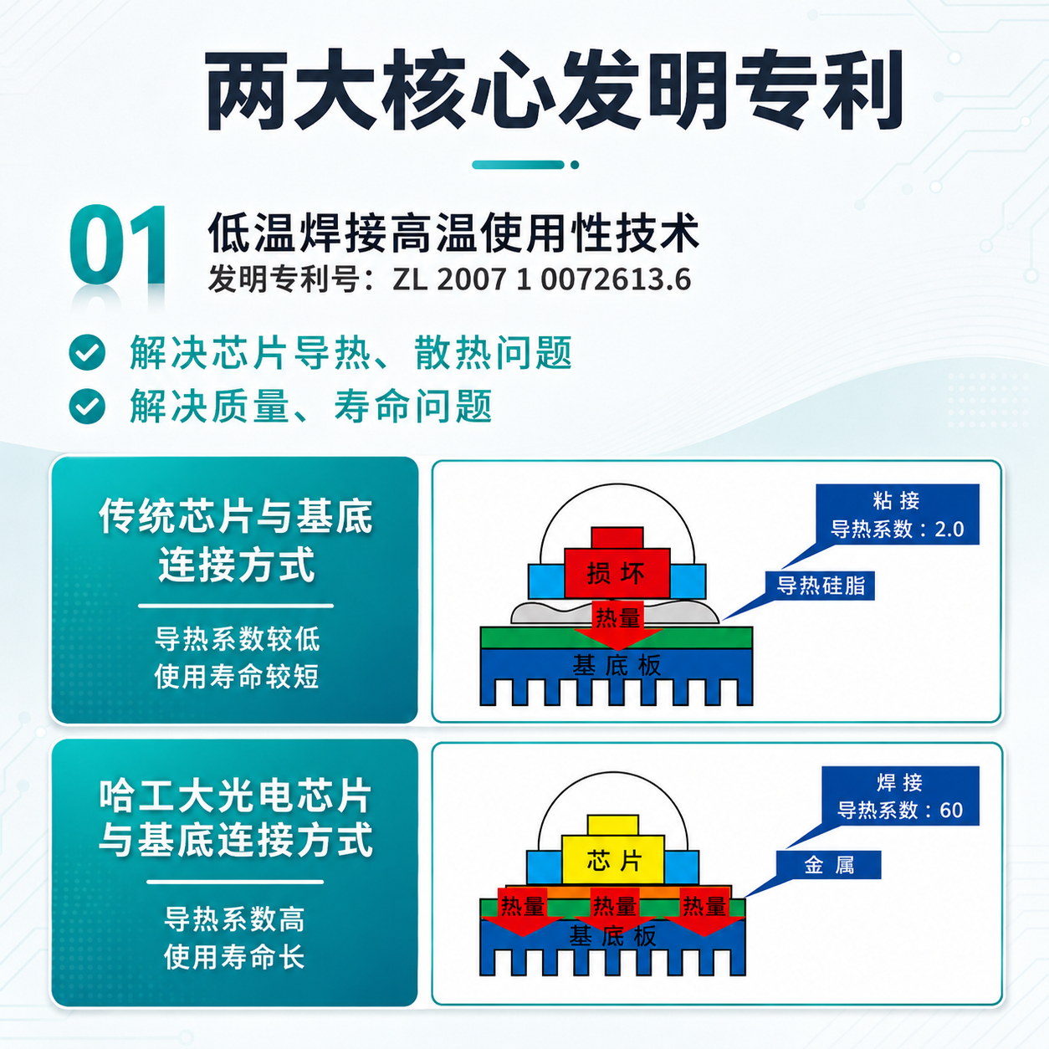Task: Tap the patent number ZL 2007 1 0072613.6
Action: pos(541,279)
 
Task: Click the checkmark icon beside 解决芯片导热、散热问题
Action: pos(87,353)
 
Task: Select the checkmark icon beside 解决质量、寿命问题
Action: pos(87,406)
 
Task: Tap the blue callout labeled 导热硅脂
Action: pos(820,586)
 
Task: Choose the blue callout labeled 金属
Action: pos(828,864)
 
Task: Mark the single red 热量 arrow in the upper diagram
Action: pos(617,625)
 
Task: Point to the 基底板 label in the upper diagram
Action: pos(617,665)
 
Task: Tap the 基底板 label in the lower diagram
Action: pos(612,936)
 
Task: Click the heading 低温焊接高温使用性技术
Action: pos(453,233)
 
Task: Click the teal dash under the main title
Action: pos(519,165)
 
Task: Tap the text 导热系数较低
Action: pos(238,639)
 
